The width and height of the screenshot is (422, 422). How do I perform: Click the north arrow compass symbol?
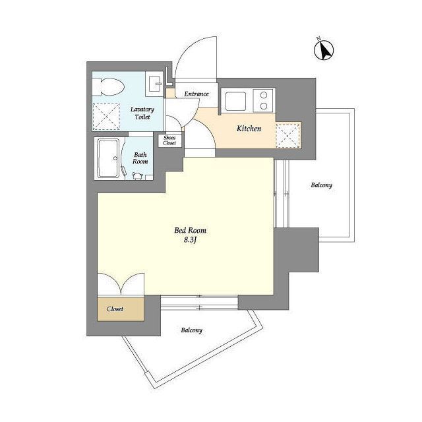[324, 50]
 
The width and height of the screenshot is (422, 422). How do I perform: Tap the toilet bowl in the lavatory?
[108, 86]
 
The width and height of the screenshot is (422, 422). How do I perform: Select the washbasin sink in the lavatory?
[154, 84]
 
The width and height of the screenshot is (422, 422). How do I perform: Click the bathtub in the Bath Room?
[108, 158]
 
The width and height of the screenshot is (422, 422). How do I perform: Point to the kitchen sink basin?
[235, 101]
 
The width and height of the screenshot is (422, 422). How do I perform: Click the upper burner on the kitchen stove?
[264, 95]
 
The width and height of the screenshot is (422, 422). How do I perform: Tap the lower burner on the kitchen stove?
[264, 106]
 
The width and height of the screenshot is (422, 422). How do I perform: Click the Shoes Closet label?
[169, 140]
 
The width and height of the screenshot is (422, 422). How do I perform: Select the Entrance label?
[196, 94]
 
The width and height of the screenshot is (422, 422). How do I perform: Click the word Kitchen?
[249, 129]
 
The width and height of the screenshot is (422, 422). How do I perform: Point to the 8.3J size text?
[191, 240]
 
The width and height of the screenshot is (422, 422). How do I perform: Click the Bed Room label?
[191, 230]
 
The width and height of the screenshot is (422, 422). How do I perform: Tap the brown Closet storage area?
[121, 309]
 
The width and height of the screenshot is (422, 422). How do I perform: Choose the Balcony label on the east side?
[321, 185]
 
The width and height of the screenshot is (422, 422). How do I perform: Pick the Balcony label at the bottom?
[191, 330]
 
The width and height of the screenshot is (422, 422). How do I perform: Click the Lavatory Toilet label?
[142, 113]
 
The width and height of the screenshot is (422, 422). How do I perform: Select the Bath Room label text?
[140, 158]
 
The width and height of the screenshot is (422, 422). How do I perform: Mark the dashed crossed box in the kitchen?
[288, 135]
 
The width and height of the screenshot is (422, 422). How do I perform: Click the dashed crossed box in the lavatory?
[106, 117]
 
